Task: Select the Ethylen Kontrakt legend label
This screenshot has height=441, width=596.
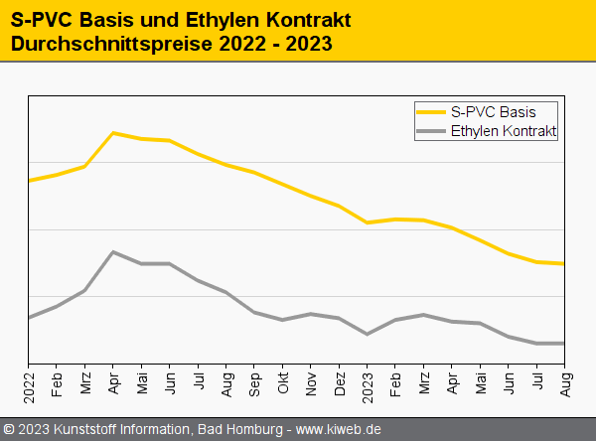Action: (503, 130)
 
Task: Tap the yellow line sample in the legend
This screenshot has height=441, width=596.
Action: (431, 111)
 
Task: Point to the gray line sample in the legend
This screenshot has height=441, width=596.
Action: (431, 130)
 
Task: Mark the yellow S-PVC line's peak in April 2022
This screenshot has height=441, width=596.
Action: (113, 132)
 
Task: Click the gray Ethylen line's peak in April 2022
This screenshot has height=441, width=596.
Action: (113, 251)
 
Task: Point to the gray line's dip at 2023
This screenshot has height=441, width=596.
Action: (368, 334)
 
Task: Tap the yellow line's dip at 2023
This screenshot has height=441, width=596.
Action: (368, 222)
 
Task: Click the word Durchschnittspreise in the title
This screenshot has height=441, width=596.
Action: (109, 44)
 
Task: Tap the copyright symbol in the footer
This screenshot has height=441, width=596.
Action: (9, 429)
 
